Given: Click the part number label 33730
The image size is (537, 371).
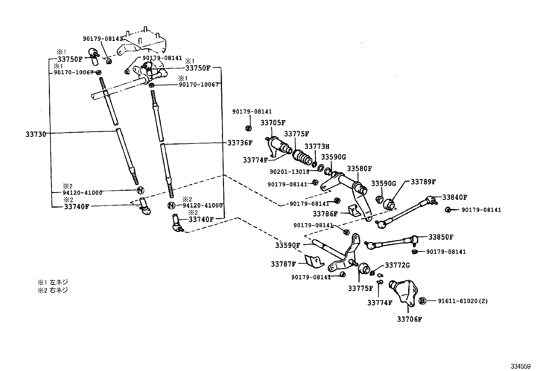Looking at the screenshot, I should [x=36, y=134].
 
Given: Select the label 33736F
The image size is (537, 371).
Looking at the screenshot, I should [x=240, y=143].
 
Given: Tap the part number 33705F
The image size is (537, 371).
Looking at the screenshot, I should [x=273, y=123].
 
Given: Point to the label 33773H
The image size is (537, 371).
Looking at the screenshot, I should [x=317, y=147].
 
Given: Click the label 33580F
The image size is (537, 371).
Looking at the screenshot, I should [x=359, y=168].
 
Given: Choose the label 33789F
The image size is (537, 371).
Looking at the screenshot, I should [x=423, y=182].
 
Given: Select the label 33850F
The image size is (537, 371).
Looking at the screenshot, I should [x=441, y=237].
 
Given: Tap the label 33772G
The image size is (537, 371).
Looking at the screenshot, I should [x=397, y=265].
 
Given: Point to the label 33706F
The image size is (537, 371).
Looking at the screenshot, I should [x=409, y=319].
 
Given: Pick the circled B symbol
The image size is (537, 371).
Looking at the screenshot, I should [x=422, y=301].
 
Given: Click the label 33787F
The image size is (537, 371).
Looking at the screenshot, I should [x=283, y=264].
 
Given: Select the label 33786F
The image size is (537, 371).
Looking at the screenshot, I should [x=325, y=214].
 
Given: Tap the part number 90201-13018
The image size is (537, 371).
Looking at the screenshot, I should [x=289, y=171].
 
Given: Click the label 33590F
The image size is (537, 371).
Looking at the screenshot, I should [x=287, y=245].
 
